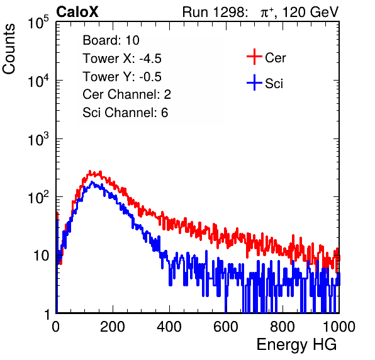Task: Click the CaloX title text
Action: tap(77, 11)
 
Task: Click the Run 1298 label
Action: tap(215, 12)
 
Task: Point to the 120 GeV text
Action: tap(310, 12)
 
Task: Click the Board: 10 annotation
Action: tap(111, 40)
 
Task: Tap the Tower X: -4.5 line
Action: tap(122, 59)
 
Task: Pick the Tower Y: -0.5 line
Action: tap(122, 77)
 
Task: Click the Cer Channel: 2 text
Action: tap(126, 94)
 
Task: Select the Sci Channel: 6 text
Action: tap(125, 113)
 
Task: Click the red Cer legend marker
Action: tap(254, 57)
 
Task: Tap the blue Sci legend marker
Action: tap(254, 82)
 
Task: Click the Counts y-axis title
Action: tap(9, 49)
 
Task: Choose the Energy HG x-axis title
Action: tap(296, 345)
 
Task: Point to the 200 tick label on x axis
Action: tap(113, 327)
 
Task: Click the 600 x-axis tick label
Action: tap(226, 327)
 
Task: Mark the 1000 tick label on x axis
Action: tap(339, 327)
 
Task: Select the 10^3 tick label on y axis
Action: tap(38, 139)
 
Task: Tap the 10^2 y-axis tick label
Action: tap(38, 198)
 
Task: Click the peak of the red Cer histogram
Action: tap(90, 171)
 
